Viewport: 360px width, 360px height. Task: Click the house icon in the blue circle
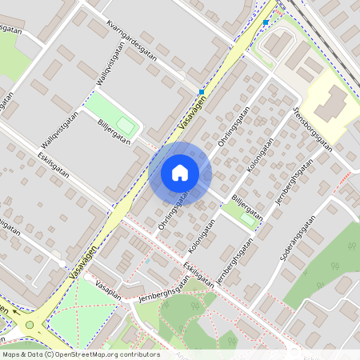[x=180, y=172]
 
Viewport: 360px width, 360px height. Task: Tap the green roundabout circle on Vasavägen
[x=30, y=324]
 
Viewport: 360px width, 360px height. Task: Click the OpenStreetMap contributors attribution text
[x=80, y=354]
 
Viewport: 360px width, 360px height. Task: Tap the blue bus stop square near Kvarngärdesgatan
[x=202, y=91]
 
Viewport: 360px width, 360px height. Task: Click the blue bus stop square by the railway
[x=266, y=22]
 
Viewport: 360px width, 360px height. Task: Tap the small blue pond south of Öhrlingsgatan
[x=147, y=261]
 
